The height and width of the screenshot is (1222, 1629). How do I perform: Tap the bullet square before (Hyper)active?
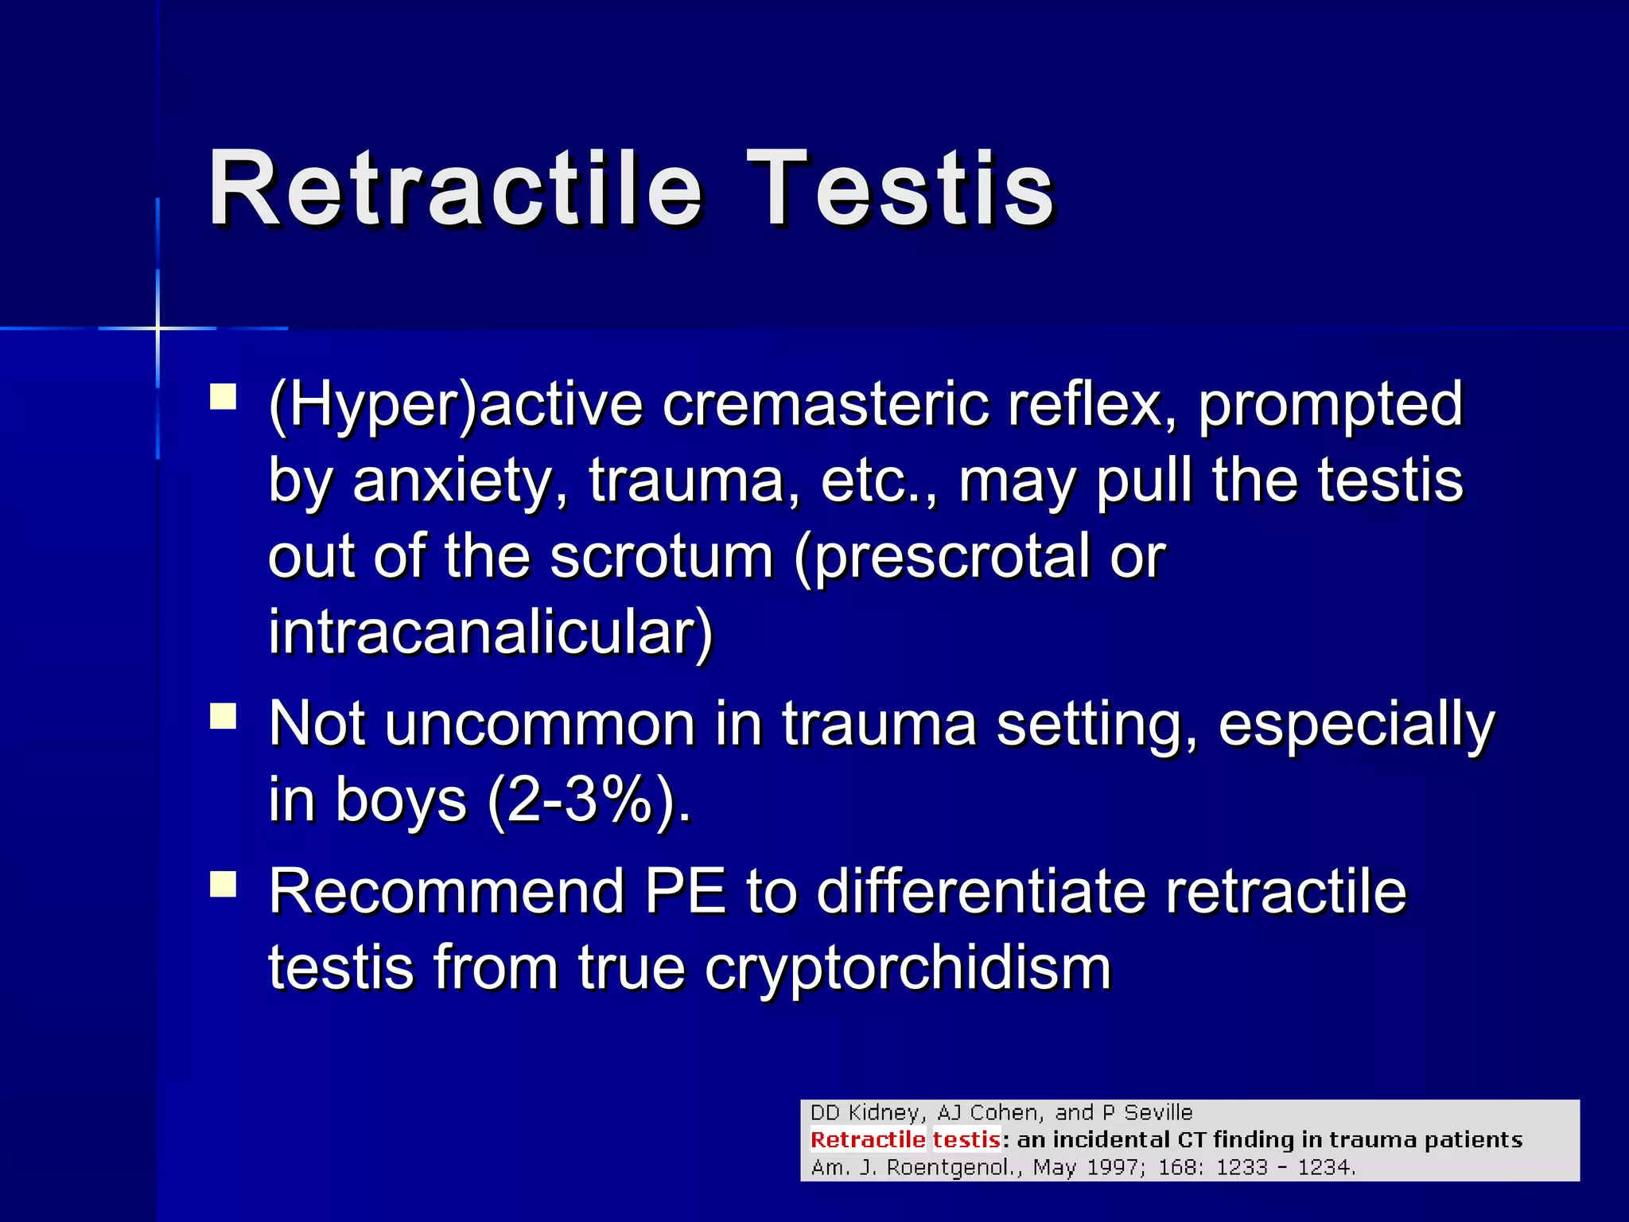(x=224, y=396)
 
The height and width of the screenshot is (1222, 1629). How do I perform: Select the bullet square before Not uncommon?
(x=224, y=715)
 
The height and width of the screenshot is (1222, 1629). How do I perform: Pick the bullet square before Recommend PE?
(x=224, y=883)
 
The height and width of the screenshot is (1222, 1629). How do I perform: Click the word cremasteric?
(x=825, y=404)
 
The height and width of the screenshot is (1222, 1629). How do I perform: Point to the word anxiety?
(x=460, y=481)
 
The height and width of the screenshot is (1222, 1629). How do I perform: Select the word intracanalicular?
(x=491, y=632)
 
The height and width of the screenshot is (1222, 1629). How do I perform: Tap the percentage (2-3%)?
(x=589, y=800)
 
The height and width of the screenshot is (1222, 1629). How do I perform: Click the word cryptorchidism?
(x=908, y=968)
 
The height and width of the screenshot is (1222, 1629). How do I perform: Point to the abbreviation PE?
(x=686, y=892)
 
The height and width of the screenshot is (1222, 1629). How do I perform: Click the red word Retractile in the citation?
(x=867, y=1140)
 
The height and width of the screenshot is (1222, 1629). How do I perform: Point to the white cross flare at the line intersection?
(x=157, y=328)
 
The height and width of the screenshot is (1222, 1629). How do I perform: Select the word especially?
(x=1356, y=724)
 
